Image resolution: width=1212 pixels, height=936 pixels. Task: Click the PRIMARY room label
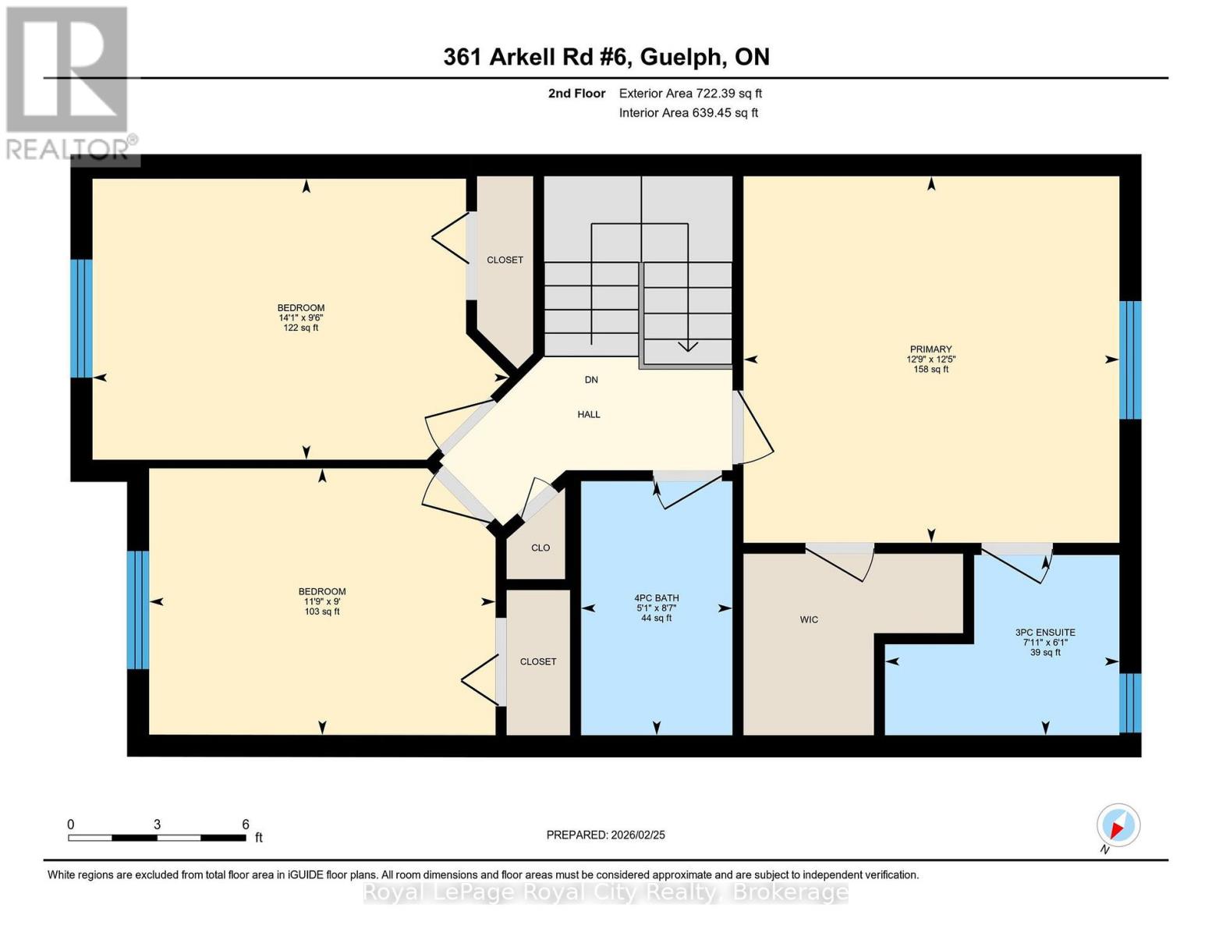tap(930, 349)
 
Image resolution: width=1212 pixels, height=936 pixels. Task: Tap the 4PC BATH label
tap(656, 598)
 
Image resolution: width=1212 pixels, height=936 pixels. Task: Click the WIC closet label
tap(809, 619)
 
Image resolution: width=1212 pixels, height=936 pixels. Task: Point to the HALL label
tap(589, 414)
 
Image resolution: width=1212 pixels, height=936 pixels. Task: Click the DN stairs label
tap(591, 380)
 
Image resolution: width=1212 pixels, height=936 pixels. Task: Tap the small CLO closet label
tap(540, 548)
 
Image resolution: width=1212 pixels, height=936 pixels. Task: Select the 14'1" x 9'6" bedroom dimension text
tap(301, 318)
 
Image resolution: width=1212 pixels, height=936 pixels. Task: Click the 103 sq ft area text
tap(322, 612)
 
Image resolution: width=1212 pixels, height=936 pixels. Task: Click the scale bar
tap(157, 838)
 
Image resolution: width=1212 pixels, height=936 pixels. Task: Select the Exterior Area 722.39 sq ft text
tap(690, 94)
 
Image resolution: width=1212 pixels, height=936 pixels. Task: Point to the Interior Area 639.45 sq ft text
tap(689, 113)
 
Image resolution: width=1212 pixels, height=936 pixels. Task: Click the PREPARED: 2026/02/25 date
tap(605, 835)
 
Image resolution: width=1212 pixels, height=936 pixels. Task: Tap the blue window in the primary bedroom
tap(1130, 360)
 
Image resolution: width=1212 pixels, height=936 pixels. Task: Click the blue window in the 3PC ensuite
tap(1130, 703)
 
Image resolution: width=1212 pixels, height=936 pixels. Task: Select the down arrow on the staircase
tap(688, 346)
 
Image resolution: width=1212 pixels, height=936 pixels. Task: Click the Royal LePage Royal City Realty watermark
tap(606, 892)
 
